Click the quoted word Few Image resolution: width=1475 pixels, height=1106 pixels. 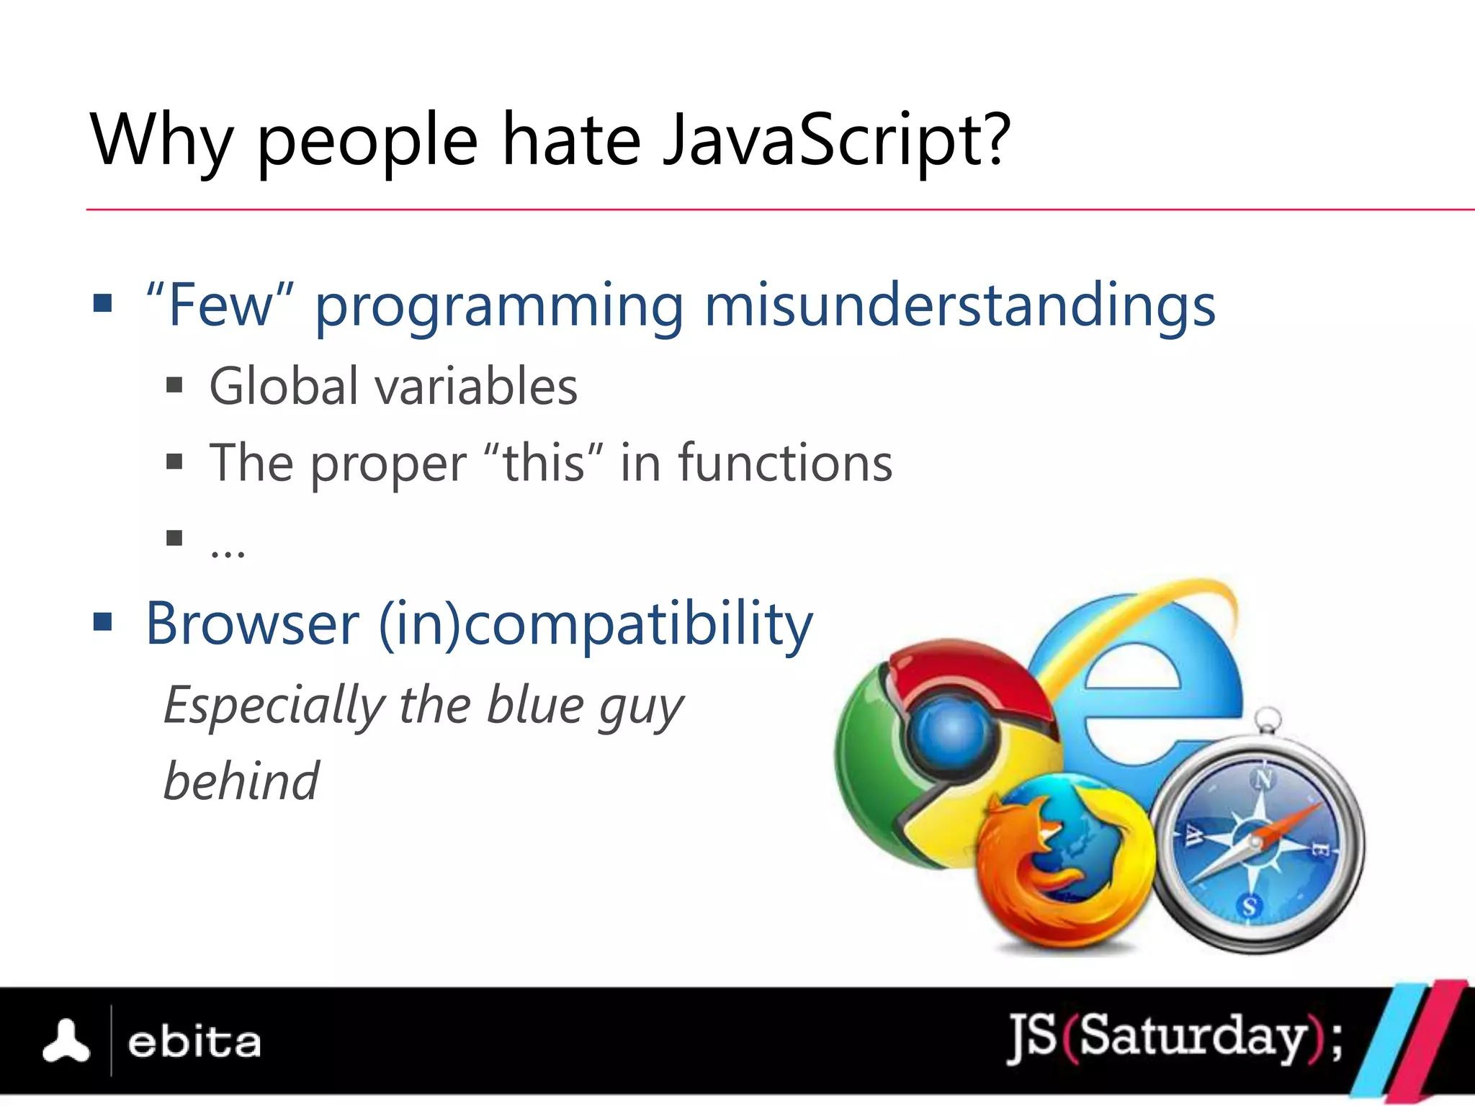point(220,306)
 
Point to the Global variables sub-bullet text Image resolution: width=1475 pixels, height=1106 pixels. point(393,387)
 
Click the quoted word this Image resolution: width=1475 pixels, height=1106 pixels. point(543,463)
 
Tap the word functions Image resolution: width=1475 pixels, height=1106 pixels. point(785,463)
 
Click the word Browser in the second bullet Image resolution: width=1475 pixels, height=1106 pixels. point(252,624)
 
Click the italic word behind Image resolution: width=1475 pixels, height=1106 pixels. point(241,781)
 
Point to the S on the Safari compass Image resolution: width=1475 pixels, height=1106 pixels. point(1250,906)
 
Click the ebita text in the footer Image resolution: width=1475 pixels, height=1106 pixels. point(194,1043)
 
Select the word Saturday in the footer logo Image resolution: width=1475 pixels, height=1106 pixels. point(1193,1038)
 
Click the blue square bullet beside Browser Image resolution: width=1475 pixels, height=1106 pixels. point(103,621)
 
